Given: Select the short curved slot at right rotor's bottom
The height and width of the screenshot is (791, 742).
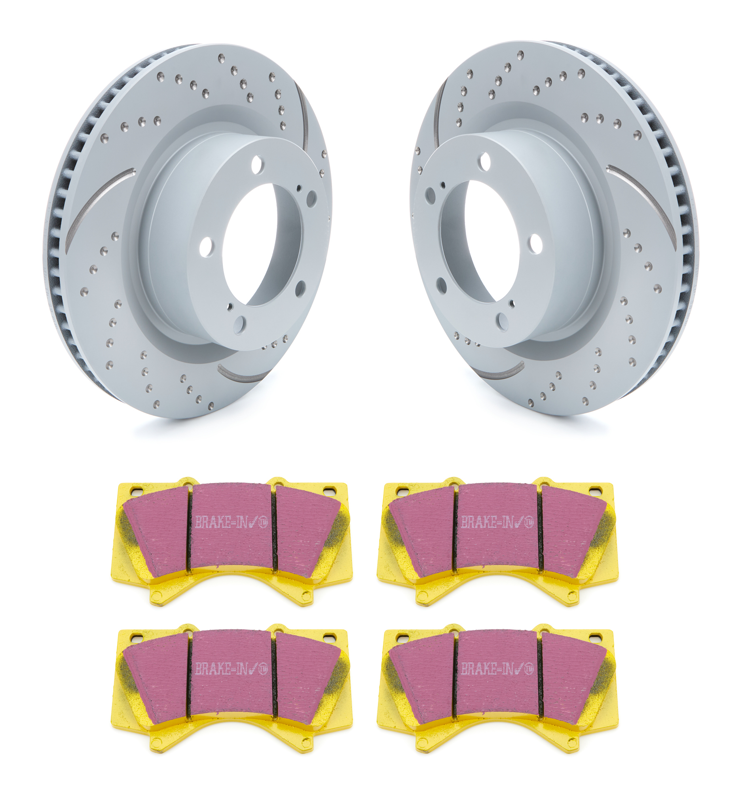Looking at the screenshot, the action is pyautogui.click(x=503, y=371).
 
